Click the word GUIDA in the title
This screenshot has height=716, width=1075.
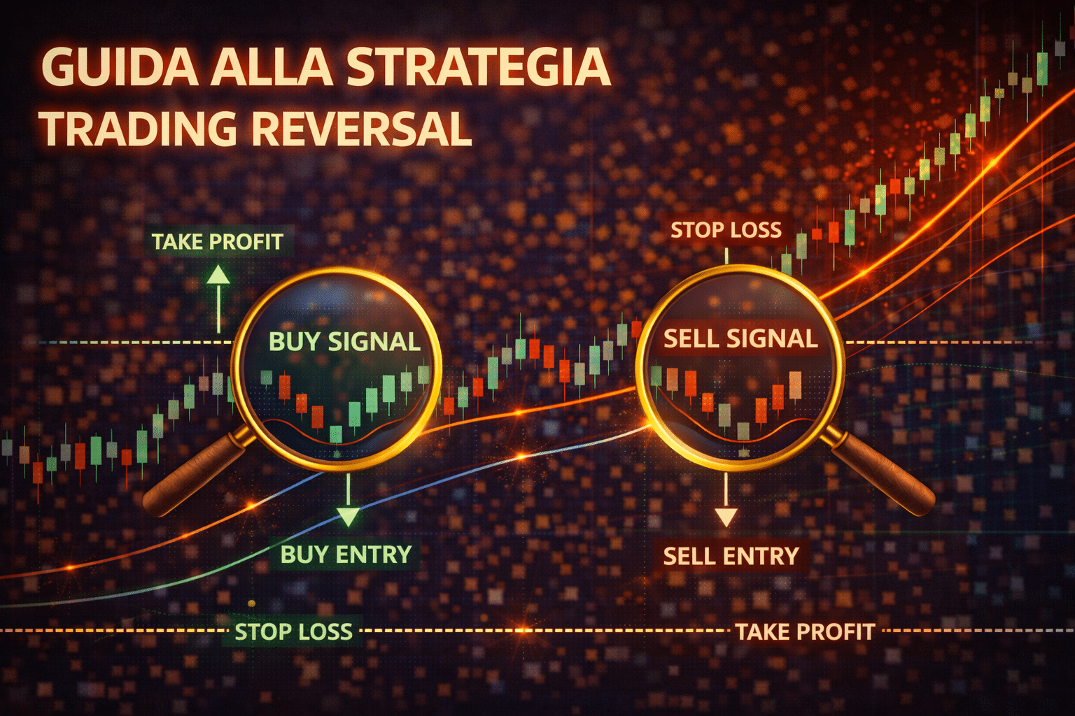pyautogui.click(x=120, y=66)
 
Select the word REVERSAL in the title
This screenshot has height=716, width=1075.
pyautogui.click(x=361, y=129)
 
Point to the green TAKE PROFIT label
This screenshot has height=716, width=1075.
pyautogui.click(x=218, y=242)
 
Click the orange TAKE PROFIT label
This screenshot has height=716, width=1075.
pyautogui.click(x=806, y=631)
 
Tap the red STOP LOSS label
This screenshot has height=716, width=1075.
pyautogui.click(x=726, y=230)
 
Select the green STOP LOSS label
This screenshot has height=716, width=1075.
pyautogui.click(x=294, y=631)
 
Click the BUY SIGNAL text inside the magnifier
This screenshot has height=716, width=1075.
pyautogui.click(x=344, y=341)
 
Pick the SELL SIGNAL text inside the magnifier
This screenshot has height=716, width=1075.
pyautogui.click(x=740, y=338)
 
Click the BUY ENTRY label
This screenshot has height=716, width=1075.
pyautogui.click(x=346, y=554)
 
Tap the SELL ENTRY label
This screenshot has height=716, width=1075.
pyautogui.click(x=731, y=557)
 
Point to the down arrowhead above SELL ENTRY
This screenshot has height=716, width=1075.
pyautogui.click(x=726, y=517)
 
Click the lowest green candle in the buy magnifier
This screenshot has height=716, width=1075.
pyautogui.click(x=336, y=434)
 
